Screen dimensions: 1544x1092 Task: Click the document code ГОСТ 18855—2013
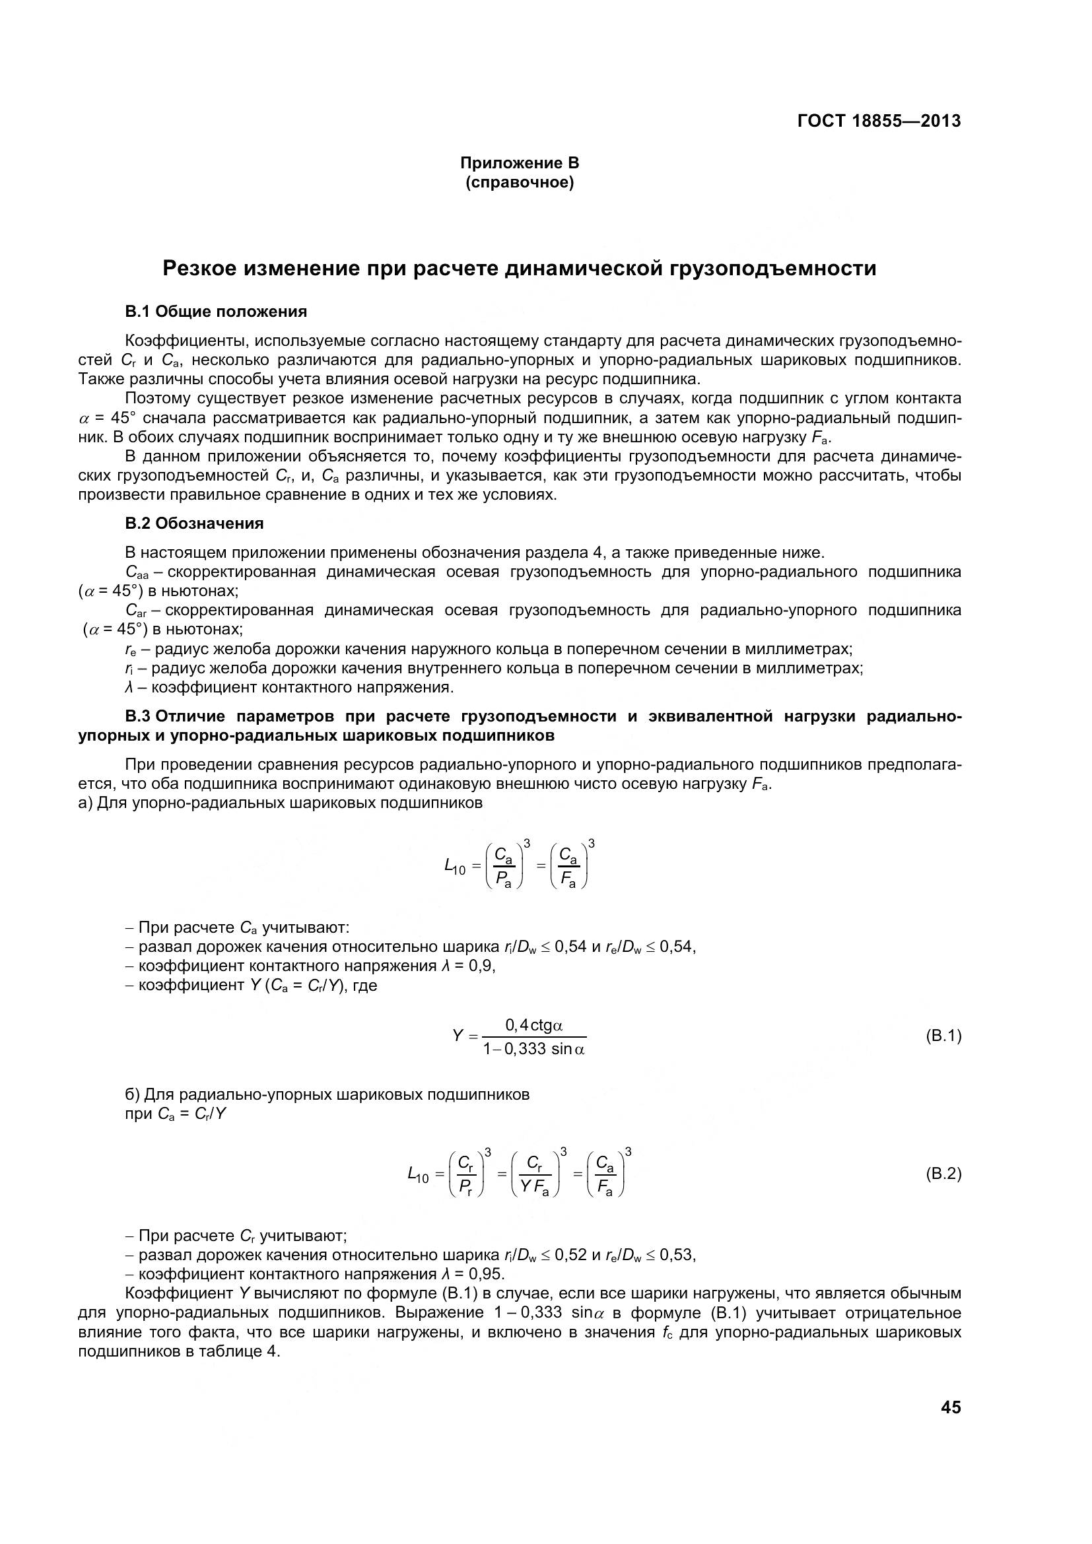(x=879, y=121)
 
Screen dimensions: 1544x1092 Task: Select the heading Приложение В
(x=519, y=163)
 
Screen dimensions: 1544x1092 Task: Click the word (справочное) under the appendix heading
(x=519, y=183)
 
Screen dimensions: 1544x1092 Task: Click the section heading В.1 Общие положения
(x=216, y=312)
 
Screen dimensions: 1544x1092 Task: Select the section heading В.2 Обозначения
(x=194, y=523)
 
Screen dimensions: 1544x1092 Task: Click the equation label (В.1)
(x=943, y=1036)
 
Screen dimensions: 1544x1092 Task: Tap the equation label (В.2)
(x=943, y=1174)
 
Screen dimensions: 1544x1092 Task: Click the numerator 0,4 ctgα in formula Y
(x=534, y=1025)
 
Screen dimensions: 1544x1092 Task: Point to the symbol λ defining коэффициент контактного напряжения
(x=129, y=687)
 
